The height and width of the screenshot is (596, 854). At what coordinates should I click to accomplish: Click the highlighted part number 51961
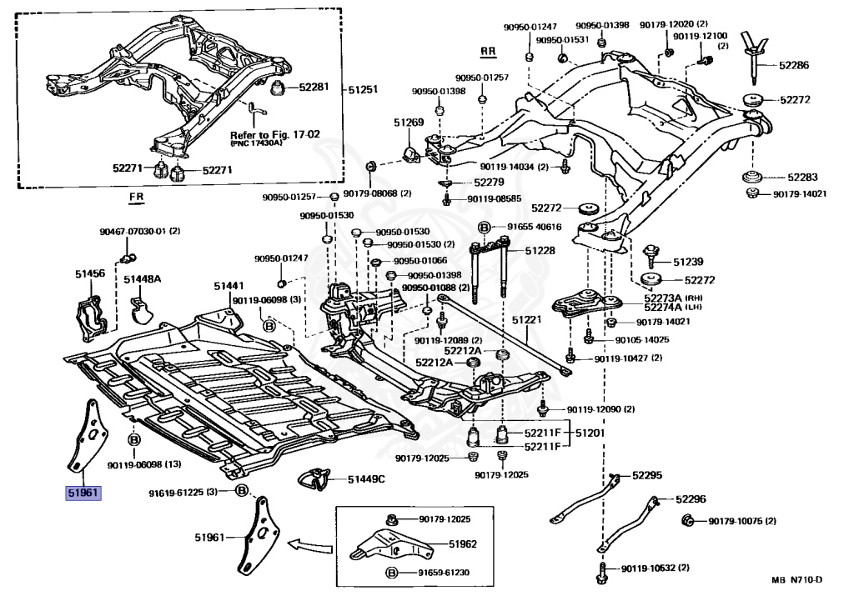click(83, 493)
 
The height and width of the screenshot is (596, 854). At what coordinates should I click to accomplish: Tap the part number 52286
click(794, 65)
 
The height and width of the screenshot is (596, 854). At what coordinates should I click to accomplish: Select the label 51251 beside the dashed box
click(363, 89)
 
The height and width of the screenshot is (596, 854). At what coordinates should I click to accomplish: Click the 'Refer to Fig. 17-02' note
click(275, 134)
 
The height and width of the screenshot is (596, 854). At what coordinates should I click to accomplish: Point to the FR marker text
click(136, 196)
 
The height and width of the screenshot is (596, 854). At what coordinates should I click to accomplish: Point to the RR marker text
click(488, 52)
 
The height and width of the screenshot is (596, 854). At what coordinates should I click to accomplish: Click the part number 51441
click(229, 286)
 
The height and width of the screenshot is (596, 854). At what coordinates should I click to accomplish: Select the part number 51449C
click(366, 479)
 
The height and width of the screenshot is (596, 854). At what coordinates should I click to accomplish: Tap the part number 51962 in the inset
click(462, 543)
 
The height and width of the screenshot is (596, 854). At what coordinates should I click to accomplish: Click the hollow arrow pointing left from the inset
click(309, 545)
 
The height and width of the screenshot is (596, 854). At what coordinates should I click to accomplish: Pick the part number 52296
click(691, 498)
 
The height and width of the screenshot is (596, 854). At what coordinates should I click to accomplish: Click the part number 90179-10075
click(735, 522)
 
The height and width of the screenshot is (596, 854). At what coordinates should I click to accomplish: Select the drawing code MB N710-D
click(796, 579)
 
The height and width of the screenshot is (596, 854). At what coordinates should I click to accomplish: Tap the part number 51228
click(540, 250)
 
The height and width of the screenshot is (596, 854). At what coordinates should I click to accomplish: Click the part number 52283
click(802, 178)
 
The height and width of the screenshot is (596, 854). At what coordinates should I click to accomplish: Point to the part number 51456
click(90, 273)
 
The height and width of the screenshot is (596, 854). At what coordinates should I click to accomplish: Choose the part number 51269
click(409, 123)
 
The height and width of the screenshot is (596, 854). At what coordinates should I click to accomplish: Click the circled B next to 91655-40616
click(484, 227)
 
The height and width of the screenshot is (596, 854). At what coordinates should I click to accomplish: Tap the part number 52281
click(314, 87)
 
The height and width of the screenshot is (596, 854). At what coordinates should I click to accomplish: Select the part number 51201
click(590, 433)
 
